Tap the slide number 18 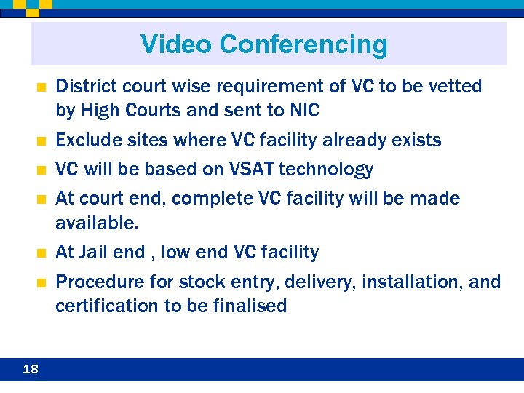(x=31, y=369)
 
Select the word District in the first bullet (x=84, y=87)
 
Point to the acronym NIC (x=303, y=111)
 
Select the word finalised (x=249, y=306)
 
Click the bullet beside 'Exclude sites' (x=41, y=140)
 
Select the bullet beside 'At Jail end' (x=41, y=253)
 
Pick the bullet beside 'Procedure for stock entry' (x=41, y=282)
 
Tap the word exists (x=416, y=140)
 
